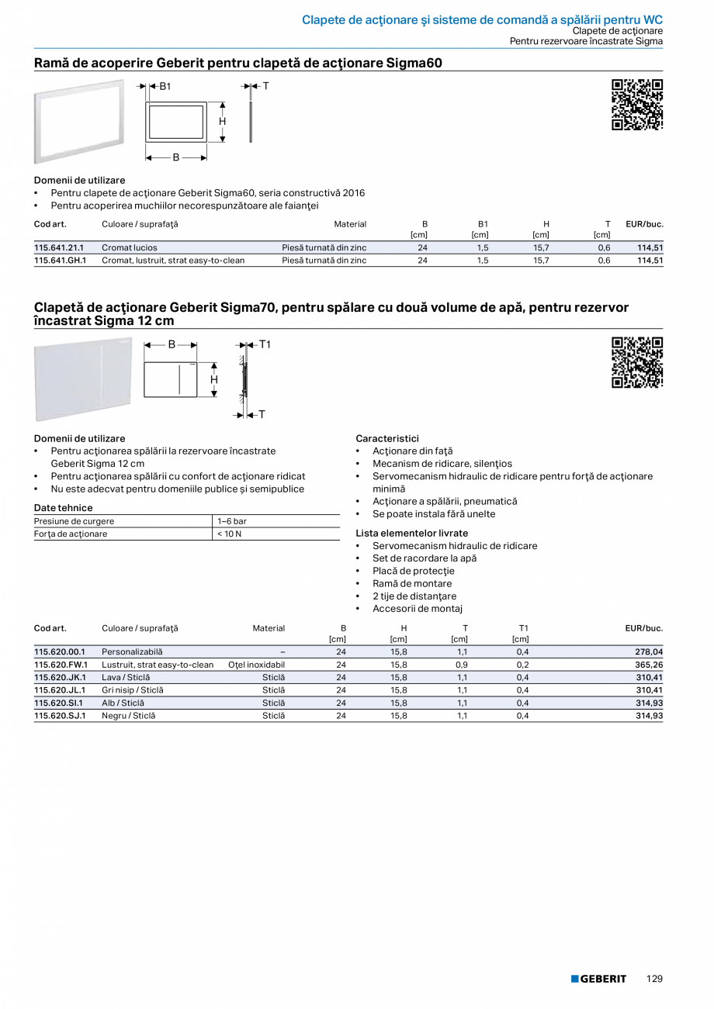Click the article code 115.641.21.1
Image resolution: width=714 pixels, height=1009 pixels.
(x=59, y=248)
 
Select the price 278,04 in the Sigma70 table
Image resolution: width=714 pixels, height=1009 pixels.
(x=649, y=652)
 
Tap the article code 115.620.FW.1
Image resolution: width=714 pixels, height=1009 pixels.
(x=61, y=665)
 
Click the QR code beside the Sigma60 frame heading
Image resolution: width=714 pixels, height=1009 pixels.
(x=637, y=105)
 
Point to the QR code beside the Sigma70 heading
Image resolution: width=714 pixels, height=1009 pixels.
(x=637, y=362)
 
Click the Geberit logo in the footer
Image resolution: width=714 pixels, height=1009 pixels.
(x=598, y=979)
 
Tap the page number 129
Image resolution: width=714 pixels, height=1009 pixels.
(x=654, y=979)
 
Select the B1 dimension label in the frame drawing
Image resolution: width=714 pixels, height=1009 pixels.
(x=165, y=86)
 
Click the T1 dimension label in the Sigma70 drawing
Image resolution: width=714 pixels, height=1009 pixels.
(x=265, y=344)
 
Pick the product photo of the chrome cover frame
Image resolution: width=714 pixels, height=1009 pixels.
(x=78, y=121)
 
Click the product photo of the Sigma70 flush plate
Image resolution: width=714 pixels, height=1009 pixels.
(x=83, y=378)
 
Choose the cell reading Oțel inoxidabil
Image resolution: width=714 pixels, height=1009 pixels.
(x=256, y=665)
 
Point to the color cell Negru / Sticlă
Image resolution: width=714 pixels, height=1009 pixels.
(x=128, y=716)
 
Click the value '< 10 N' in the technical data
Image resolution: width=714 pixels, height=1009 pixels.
(x=229, y=534)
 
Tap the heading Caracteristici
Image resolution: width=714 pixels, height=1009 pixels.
(x=387, y=438)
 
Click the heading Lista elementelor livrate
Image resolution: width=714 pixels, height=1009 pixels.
(x=411, y=533)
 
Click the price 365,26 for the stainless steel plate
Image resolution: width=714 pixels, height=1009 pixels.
(x=649, y=665)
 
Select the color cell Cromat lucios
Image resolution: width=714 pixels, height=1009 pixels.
(x=129, y=248)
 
